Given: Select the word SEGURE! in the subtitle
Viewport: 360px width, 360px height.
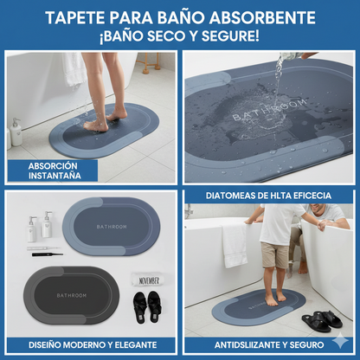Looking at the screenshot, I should pos(228,36).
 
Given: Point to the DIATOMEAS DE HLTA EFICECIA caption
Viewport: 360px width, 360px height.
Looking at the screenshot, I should pos(269,196).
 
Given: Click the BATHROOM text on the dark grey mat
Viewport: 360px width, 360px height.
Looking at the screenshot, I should pos(78,295).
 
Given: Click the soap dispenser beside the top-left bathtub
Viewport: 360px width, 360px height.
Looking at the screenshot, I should pos(16,132).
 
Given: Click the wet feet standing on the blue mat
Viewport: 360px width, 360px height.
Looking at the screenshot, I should pos(97,124).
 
